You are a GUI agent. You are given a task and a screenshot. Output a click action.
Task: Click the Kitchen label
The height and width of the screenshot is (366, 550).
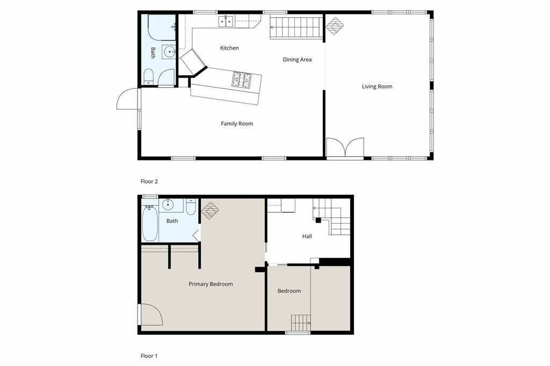(229, 48)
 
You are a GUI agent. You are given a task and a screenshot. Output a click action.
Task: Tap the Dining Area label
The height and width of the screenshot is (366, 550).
(297, 60)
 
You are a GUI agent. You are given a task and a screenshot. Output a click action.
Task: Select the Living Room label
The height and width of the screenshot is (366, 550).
(377, 86)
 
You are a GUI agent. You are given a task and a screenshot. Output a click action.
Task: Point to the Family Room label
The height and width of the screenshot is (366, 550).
(237, 124)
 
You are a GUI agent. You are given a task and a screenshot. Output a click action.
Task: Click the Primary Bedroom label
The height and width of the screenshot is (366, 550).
(211, 284)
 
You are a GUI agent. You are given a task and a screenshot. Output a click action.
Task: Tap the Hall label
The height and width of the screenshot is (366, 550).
(307, 236)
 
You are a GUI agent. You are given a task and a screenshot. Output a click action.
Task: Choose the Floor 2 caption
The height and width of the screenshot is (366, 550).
(149, 181)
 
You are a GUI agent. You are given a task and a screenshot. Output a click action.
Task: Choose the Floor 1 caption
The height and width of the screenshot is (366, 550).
(149, 356)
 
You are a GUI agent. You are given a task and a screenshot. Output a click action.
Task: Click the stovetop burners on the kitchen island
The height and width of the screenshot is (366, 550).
(242, 80)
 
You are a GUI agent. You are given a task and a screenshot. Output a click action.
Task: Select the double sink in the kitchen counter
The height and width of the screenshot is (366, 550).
(226, 21)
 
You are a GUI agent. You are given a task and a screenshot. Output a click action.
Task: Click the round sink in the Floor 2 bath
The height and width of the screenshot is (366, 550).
(169, 52)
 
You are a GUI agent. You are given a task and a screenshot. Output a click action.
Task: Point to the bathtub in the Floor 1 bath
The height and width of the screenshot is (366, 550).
(150, 224)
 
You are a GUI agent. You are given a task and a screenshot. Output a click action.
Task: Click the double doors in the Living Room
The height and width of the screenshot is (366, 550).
(345, 148)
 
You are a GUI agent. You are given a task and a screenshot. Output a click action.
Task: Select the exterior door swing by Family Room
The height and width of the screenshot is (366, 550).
(128, 99)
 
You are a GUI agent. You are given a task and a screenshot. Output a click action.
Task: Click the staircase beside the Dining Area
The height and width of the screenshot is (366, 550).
(295, 26)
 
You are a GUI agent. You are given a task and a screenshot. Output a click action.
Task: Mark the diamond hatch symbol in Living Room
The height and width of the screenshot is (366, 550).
(335, 26)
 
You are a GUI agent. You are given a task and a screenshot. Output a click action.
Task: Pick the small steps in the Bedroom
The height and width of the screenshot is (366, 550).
(301, 323)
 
